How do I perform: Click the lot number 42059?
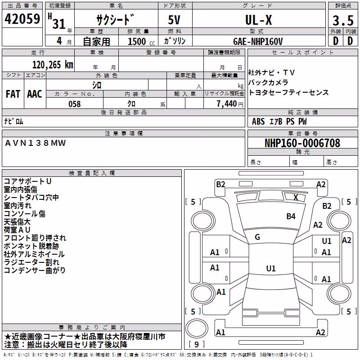pos(22,19)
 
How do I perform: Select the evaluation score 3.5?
pos(343,20)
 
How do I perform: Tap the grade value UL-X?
pos(258,20)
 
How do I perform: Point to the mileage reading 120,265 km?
pos(53,65)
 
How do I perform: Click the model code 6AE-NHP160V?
pos(258,41)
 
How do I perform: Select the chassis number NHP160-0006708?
pos(302,143)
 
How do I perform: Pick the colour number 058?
pos(75,104)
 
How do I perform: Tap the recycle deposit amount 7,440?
pos(227,104)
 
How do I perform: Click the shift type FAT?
pos(13,94)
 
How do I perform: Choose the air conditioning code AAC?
pos(35,94)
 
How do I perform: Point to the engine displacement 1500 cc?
pos(141,41)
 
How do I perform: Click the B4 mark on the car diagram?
pos(291,216)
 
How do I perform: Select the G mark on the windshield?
pos(257,237)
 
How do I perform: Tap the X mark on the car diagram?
pos(296,198)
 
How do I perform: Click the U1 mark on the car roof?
pos(271,268)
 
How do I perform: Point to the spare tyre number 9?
pos(197,344)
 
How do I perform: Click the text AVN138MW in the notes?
pos(36,143)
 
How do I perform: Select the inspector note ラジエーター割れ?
pos(31,262)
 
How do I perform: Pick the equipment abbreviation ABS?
pos(258,121)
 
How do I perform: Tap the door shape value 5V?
pos(174,20)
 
